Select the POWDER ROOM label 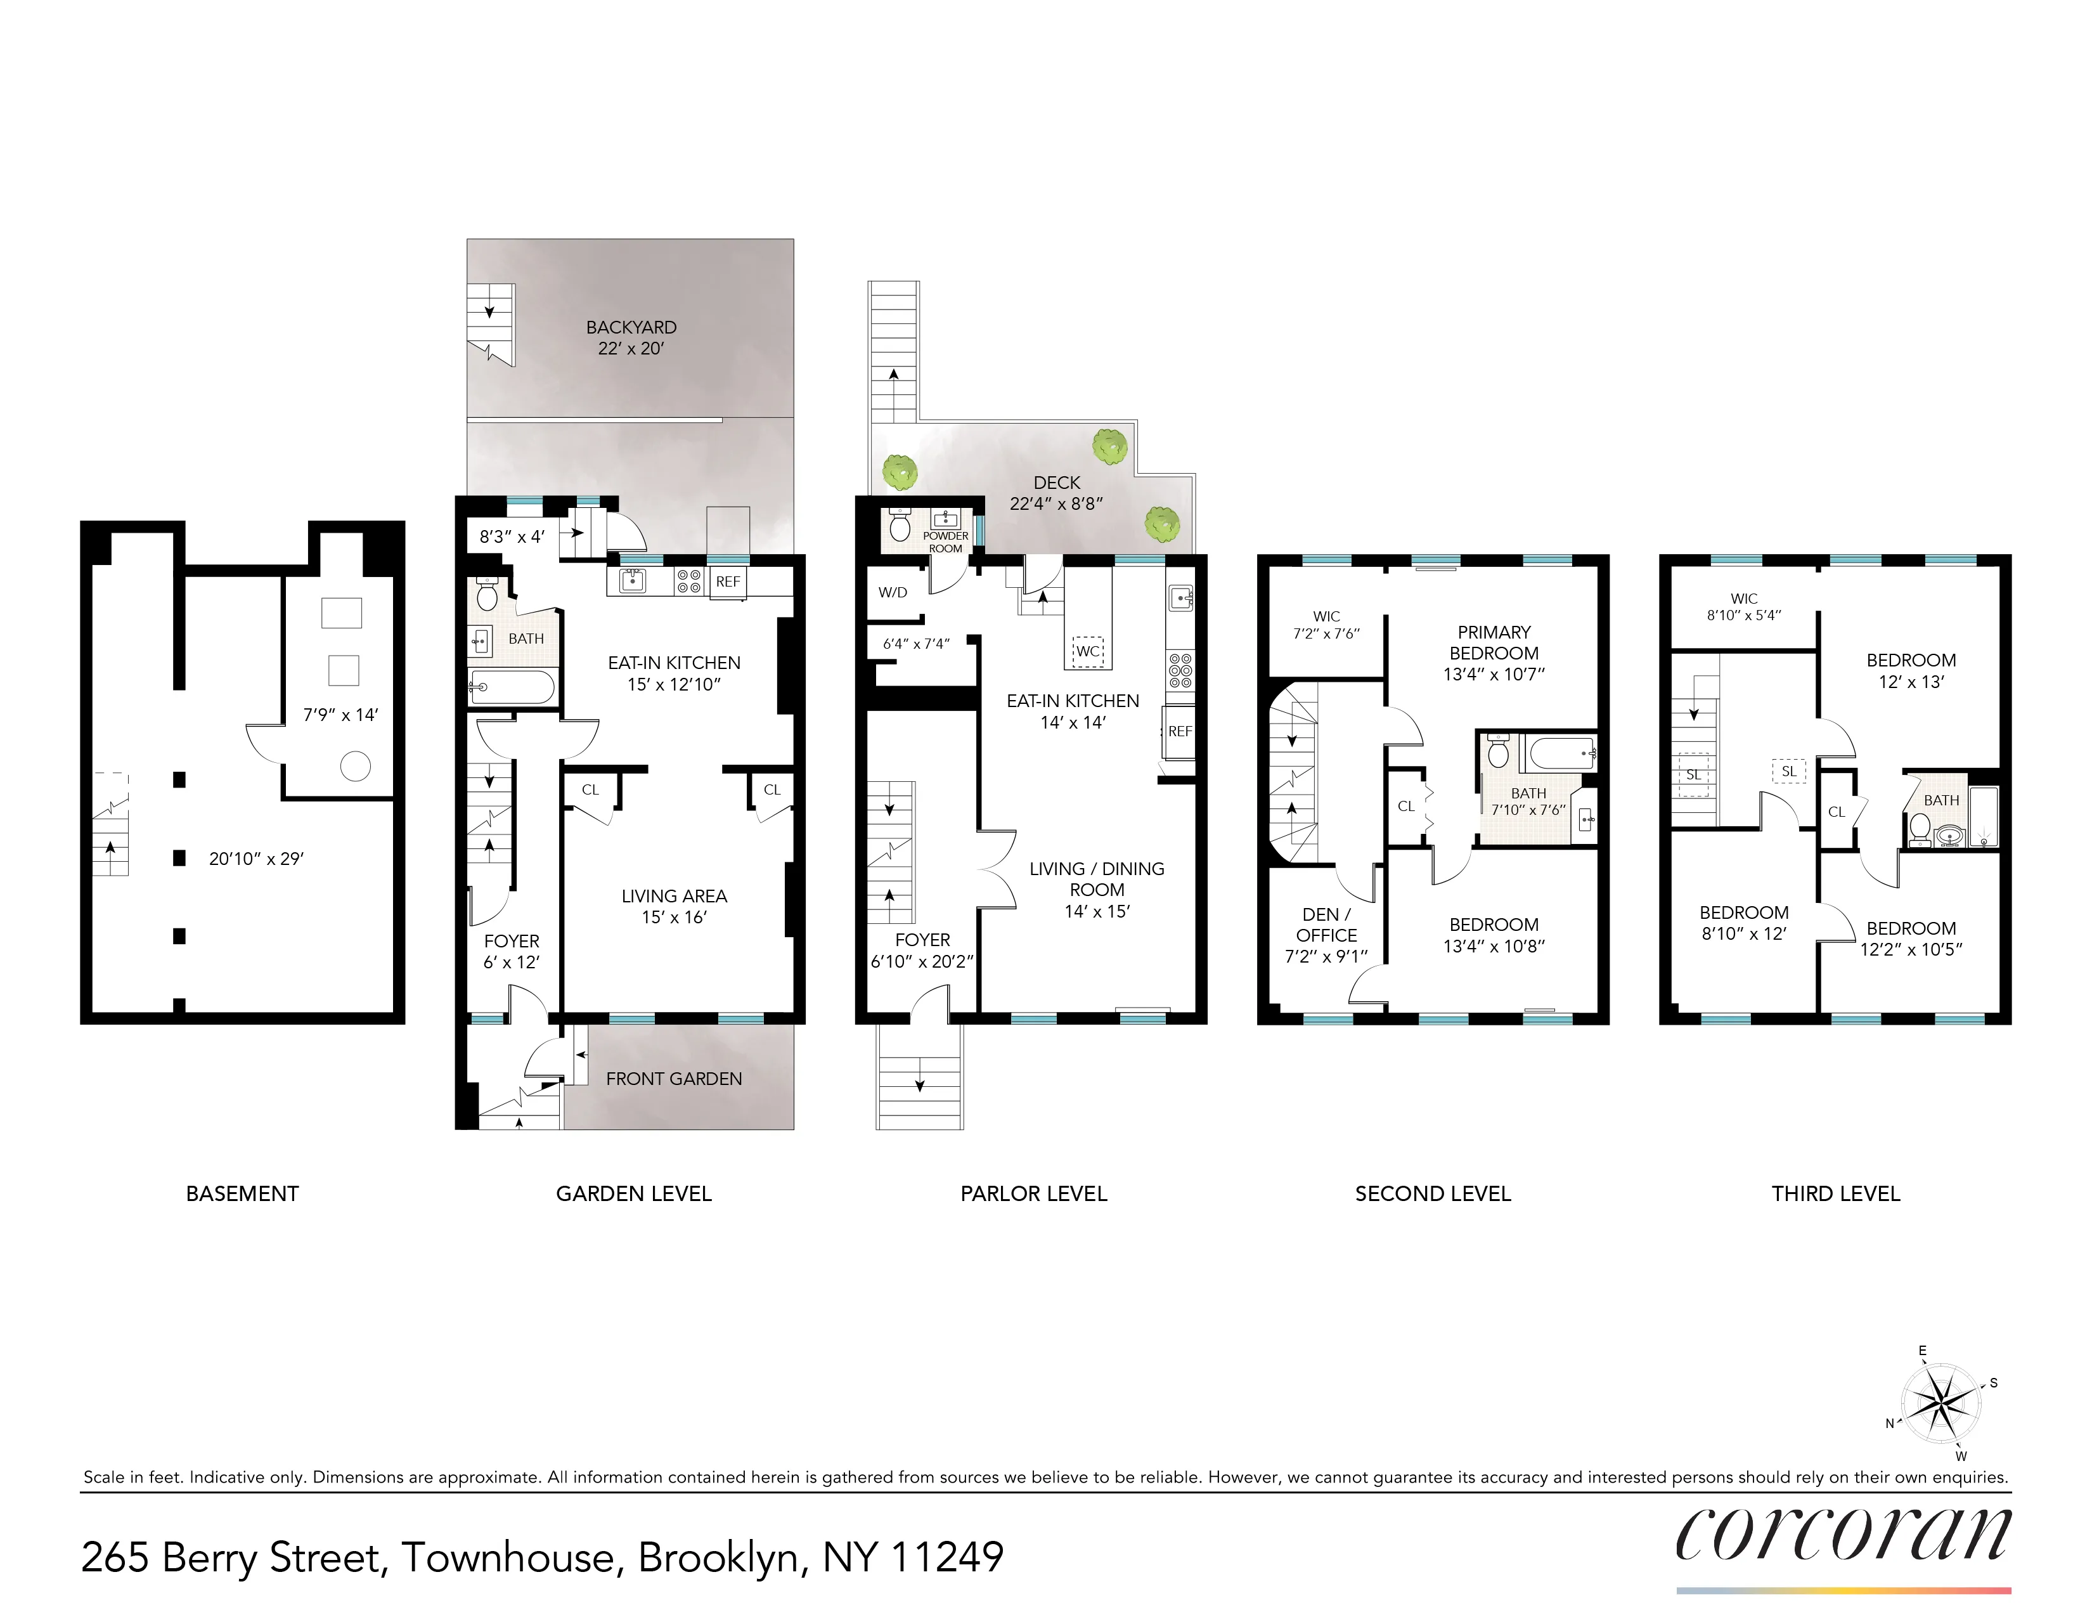click(945, 542)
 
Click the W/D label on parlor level click(892, 593)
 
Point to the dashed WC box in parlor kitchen click(1087, 651)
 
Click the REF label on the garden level click(728, 581)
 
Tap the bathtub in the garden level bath click(510, 687)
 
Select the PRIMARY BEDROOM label click(1494, 643)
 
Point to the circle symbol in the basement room click(356, 767)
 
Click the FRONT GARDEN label click(673, 1079)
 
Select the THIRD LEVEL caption click(1835, 1193)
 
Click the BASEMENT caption click(242, 1193)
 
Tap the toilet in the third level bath click(1920, 827)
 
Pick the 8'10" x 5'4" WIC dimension click(1743, 616)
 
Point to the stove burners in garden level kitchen click(688, 580)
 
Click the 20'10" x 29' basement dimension click(255, 859)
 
